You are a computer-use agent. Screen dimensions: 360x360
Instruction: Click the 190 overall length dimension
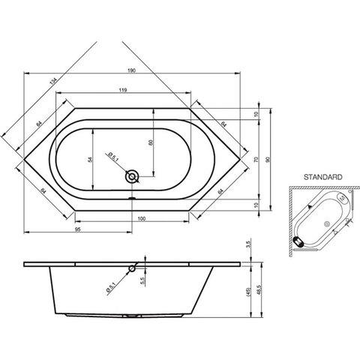point(131,70)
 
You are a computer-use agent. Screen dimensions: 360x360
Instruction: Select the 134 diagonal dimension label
point(53,82)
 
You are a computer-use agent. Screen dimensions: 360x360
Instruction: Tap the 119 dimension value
point(123,90)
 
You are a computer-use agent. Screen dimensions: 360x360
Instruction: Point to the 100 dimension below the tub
point(142,219)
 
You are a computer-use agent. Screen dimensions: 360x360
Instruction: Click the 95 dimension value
point(78,229)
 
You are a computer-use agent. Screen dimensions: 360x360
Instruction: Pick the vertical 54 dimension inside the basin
point(90,160)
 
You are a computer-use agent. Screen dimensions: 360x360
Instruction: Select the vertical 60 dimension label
point(151,142)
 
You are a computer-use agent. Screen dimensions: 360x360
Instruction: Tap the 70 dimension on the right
point(256,160)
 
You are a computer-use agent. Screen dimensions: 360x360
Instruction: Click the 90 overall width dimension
point(268,160)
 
